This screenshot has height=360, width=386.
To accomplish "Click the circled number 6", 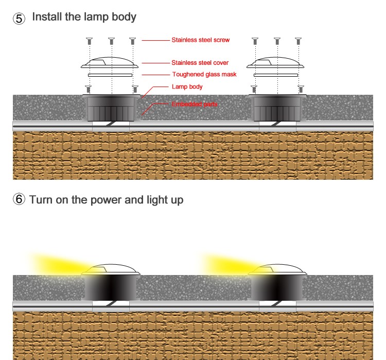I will click(19, 199).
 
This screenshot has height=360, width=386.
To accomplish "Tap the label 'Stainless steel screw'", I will click(200, 40).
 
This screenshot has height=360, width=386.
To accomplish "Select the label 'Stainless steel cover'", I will click(200, 63).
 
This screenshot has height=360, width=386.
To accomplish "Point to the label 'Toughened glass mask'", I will click(204, 75).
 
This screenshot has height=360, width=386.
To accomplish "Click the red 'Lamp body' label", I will click(187, 87).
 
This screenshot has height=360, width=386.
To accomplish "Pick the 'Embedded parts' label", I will click(194, 104).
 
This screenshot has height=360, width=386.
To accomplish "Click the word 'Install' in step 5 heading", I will click(47, 17).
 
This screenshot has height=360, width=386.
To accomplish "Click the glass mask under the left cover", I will click(110, 75).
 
